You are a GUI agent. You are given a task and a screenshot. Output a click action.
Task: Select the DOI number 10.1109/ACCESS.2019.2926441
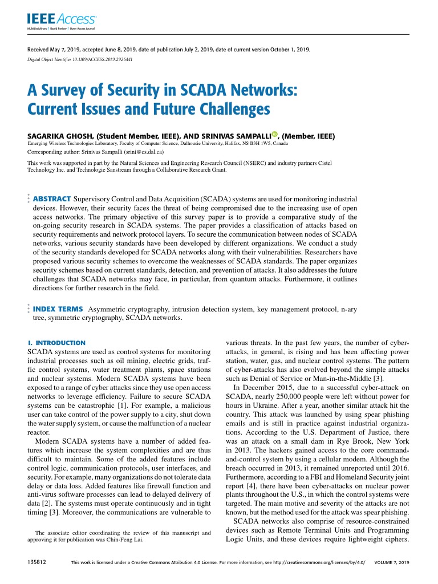(104, 59)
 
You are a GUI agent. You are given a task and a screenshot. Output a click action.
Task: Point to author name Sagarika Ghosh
(59, 136)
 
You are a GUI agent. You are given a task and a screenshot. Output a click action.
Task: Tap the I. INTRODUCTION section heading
(56, 343)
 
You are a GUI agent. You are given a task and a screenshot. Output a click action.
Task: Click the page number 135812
(36, 562)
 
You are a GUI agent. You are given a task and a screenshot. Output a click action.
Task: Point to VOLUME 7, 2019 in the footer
(391, 562)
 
